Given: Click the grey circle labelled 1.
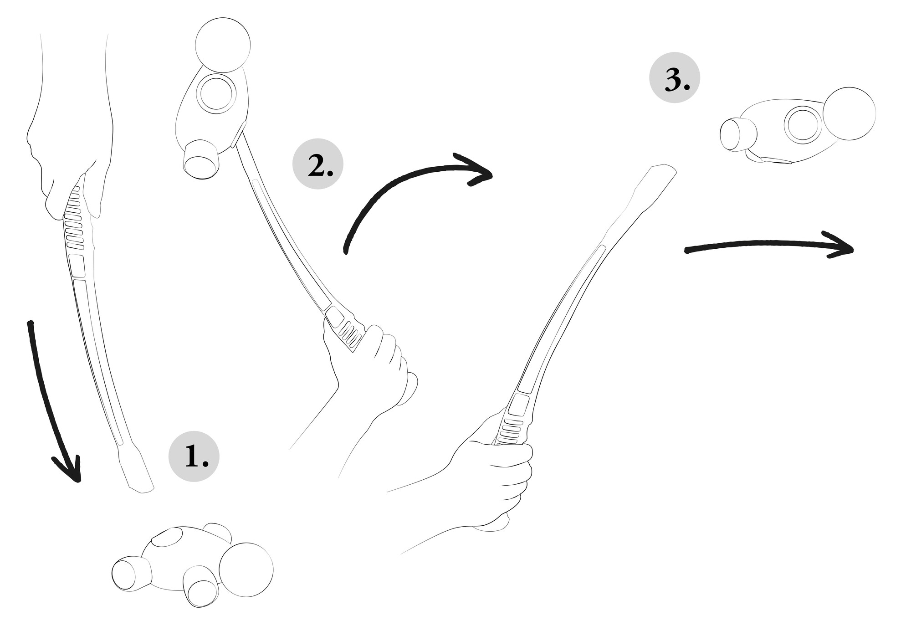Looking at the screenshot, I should click(x=194, y=456).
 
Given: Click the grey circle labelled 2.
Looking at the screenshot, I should click(x=317, y=164).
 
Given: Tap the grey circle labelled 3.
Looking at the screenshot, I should click(x=674, y=77).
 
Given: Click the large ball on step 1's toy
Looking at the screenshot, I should click(x=246, y=569).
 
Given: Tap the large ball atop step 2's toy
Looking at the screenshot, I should click(x=223, y=45).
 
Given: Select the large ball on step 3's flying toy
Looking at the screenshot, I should click(x=850, y=113).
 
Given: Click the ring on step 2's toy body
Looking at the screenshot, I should click(x=216, y=94).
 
